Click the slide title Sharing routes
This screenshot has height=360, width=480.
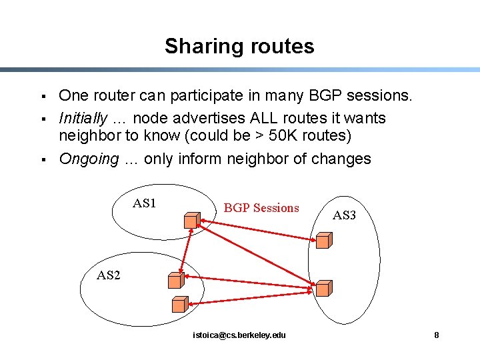click(x=239, y=46)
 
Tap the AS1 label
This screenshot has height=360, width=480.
click(x=145, y=203)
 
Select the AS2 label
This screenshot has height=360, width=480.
click(x=109, y=275)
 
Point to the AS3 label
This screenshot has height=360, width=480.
click(x=344, y=215)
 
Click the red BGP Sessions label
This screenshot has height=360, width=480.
click(x=261, y=208)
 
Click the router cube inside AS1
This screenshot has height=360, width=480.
click(x=192, y=219)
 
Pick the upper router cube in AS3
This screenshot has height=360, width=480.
click(x=325, y=241)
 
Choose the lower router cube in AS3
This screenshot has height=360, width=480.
click(x=323, y=288)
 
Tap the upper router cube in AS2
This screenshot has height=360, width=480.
click(x=176, y=281)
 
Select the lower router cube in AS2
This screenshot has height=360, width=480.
click(x=179, y=305)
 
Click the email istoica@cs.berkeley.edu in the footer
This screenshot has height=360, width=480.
click(x=239, y=335)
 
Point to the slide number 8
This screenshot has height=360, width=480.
click(x=437, y=335)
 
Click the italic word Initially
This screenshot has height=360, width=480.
click(x=83, y=119)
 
